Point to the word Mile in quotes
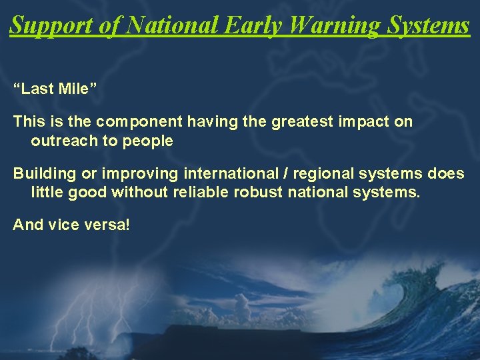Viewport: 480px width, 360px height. click(x=79, y=89)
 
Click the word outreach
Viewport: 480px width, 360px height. click(x=61, y=141)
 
